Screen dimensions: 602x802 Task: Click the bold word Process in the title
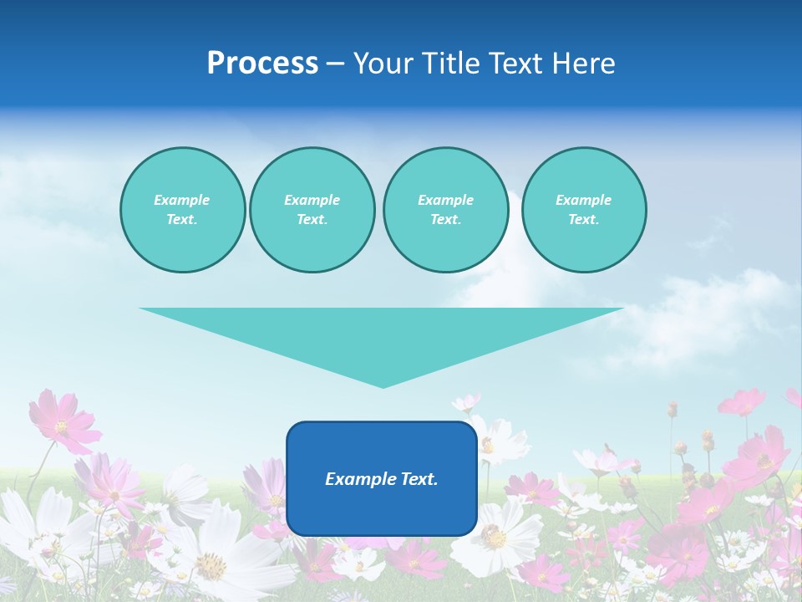[262, 64]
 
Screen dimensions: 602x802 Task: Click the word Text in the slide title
[521, 64]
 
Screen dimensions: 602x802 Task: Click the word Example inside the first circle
[181, 200]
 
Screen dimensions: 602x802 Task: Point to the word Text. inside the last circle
[584, 220]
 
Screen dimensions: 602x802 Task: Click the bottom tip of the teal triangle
[383, 385]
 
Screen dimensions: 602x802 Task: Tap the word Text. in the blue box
[419, 479]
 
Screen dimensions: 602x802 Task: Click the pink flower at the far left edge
[62, 422]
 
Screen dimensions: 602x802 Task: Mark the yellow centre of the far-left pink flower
[61, 426]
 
